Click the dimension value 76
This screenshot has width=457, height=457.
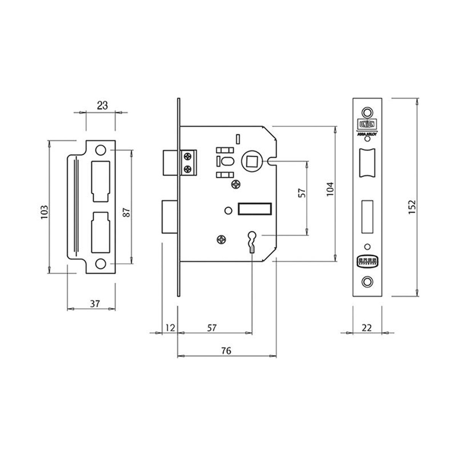[226, 350]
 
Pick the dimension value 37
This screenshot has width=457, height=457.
[95, 304]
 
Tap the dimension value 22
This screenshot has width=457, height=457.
[368, 326]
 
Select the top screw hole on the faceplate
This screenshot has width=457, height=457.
[367, 112]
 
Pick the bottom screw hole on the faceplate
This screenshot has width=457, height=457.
[367, 281]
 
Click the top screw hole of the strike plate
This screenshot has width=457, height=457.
[101, 150]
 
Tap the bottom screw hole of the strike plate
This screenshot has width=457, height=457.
[101, 264]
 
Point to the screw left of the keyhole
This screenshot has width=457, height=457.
[222, 239]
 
